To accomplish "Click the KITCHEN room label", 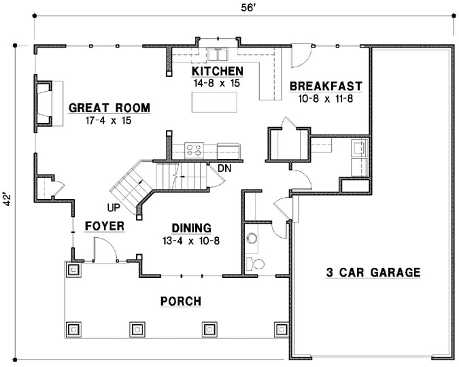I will pos(217,71).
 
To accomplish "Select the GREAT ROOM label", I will pos(109,108).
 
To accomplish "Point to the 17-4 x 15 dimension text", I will pos(109,120).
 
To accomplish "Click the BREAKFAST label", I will pos(326,86).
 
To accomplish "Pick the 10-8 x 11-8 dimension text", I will pos(326,98).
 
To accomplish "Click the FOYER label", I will pos(104,226).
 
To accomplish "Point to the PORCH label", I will pos(180,301).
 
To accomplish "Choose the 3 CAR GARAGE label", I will pos(373,273).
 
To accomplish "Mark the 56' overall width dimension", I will pos(243,8).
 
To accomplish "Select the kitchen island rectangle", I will pos(217,103).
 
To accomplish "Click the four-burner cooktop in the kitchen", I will pos(193,149).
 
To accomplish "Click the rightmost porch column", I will pos(281,330).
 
